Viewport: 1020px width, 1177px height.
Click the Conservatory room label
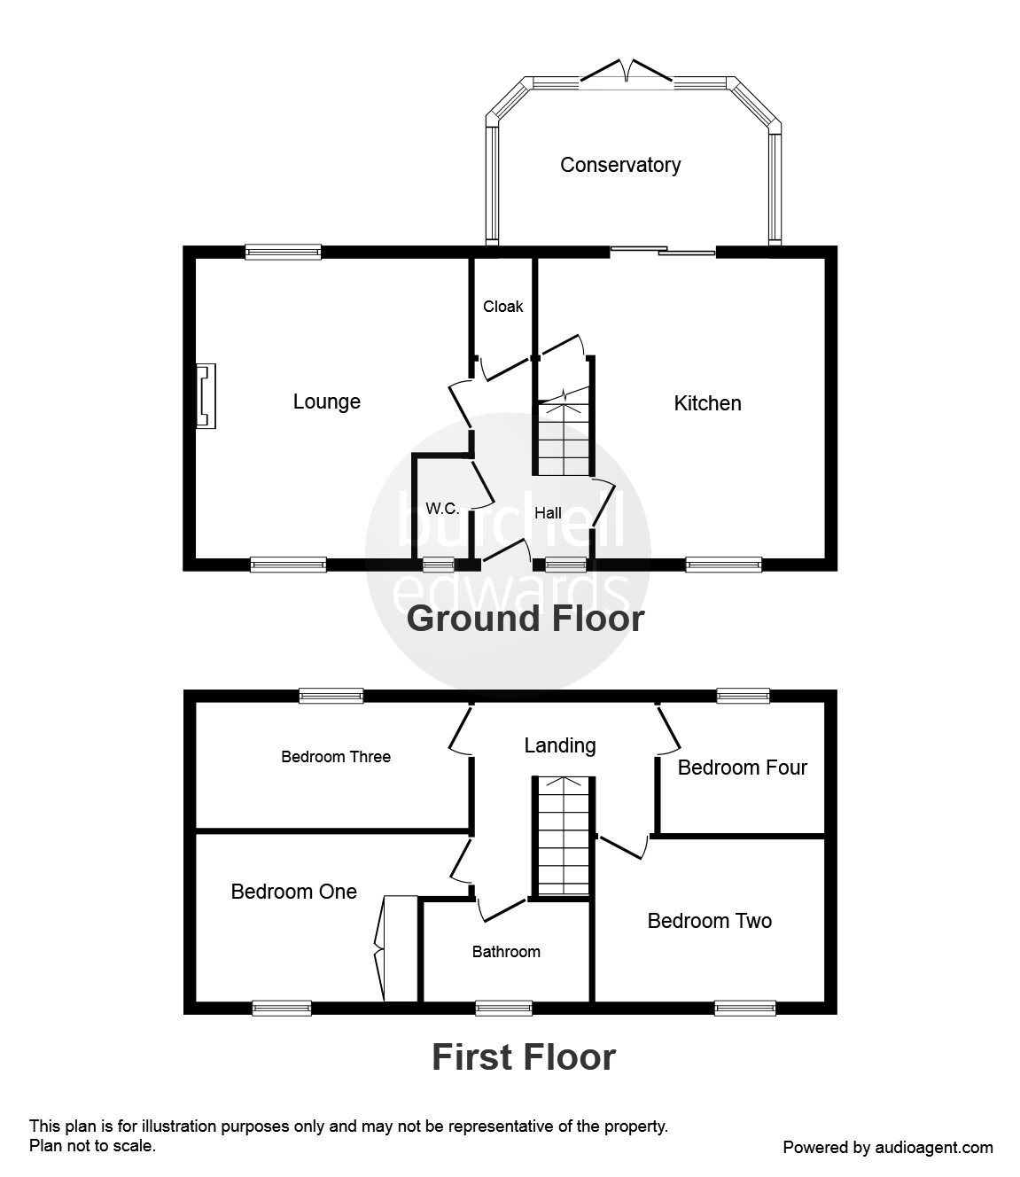point(620,165)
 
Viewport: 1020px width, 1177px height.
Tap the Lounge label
point(326,401)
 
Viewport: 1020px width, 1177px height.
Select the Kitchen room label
point(707,403)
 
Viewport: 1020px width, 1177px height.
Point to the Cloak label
point(502,307)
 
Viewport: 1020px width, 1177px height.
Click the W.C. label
point(442,509)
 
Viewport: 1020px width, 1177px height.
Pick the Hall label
point(548,512)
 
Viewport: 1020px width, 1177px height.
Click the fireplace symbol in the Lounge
point(206,396)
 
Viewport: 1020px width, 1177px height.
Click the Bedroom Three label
point(336,757)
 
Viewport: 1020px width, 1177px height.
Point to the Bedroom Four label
point(742,768)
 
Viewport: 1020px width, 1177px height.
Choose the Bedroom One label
point(293,892)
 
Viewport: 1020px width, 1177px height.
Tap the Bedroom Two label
point(709,921)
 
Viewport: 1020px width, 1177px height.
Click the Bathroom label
point(506,952)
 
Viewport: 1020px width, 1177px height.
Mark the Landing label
point(559,745)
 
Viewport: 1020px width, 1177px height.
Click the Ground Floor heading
point(525,619)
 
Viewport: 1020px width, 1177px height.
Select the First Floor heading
point(523,1057)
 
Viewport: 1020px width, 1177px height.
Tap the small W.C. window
point(438,564)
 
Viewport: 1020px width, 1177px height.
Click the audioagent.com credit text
point(888,1148)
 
